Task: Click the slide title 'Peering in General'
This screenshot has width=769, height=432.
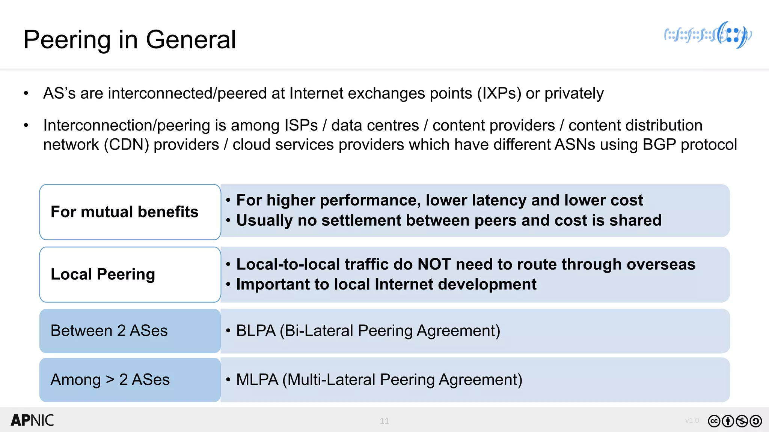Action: [x=130, y=40]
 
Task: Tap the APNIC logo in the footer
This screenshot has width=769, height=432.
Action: [x=32, y=420]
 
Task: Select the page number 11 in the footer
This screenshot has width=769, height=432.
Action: [x=384, y=421]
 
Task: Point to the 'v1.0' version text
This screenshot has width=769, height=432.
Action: [x=692, y=420]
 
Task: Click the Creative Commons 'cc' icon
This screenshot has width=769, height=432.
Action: [x=714, y=421]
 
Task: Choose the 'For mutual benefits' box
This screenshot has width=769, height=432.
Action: [x=130, y=212]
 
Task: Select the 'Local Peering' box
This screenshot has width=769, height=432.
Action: [x=130, y=274]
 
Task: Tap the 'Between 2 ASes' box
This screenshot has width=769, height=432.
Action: [x=130, y=331]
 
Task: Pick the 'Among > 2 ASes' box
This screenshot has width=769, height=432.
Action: [x=130, y=379]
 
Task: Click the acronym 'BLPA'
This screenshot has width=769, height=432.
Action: [x=256, y=331]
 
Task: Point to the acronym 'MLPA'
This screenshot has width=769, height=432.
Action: [x=257, y=379]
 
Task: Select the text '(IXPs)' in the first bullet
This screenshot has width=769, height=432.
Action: [x=499, y=93]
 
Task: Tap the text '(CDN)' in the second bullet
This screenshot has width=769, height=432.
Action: [x=126, y=145]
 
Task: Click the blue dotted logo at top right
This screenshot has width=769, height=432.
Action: [x=707, y=35]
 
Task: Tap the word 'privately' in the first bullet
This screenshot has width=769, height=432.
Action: [x=574, y=93]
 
